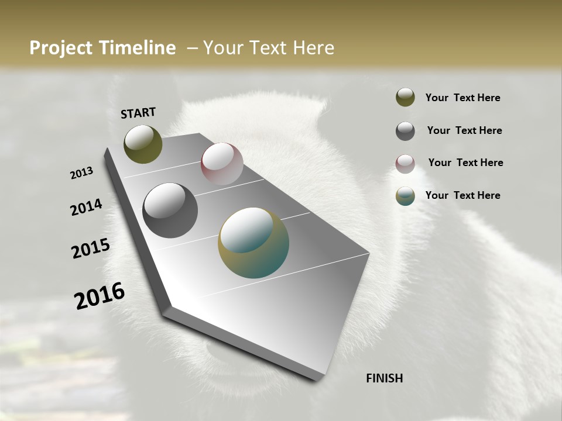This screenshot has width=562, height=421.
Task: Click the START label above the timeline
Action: (138, 112)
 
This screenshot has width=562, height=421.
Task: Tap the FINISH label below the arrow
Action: (384, 378)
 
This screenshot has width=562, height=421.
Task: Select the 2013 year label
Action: (82, 172)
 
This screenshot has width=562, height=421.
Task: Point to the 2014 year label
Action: (87, 207)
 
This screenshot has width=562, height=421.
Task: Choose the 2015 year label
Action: (91, 249)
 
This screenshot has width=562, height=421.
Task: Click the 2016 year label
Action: (100, 295)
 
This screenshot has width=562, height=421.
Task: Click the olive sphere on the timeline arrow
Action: (143, 144)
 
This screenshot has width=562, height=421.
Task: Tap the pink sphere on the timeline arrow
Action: (222, 164)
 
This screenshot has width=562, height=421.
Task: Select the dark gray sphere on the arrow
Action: (170, 210)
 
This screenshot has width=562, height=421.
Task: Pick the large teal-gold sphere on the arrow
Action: (253, 243)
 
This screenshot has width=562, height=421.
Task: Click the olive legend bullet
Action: (405, 98)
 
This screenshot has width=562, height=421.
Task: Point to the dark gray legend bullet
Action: (405, 131)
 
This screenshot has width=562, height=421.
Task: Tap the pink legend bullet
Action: (405, 164)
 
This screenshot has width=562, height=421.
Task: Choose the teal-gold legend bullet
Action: (405, 196)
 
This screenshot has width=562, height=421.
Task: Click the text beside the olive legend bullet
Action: (462, 98)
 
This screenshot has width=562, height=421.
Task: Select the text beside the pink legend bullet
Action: (465, 163)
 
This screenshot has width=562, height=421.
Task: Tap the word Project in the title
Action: (61, 48)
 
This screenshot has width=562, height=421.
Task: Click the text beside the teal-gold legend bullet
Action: (462, 195)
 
